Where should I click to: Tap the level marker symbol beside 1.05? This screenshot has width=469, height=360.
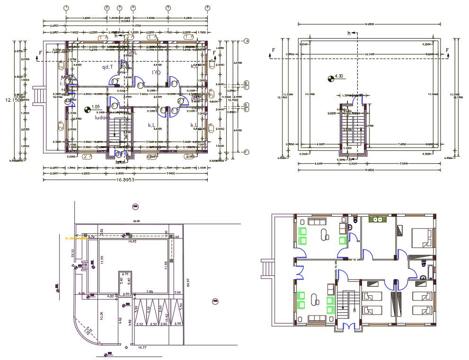tap(87, 110)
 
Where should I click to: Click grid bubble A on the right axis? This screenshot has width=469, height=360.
tap(247, 42)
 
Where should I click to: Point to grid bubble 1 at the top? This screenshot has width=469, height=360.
tap(66, 8)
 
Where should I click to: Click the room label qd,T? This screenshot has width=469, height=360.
tap(107, 67)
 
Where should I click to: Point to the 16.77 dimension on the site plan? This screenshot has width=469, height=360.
tap(142, 347)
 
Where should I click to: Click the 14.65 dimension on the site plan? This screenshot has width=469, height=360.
tap(132, 241)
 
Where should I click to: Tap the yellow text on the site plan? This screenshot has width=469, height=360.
tap(76, 238)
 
